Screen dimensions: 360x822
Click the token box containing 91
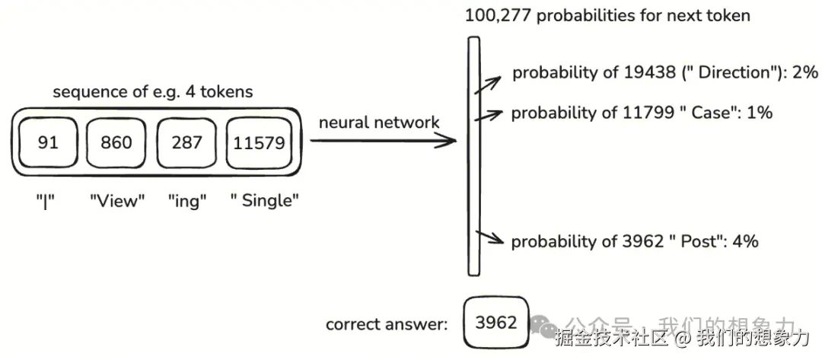coord(48,142)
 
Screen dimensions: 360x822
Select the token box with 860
coord(116,142)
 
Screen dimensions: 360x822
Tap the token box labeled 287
coord(186,142)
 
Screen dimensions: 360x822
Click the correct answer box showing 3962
coord(495,322)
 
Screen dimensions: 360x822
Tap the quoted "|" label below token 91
coord(48,202)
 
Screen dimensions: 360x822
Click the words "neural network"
coord(379,123)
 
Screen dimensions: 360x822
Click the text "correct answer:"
coord(387,324)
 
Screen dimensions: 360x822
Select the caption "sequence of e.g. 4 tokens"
coord(152,92)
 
